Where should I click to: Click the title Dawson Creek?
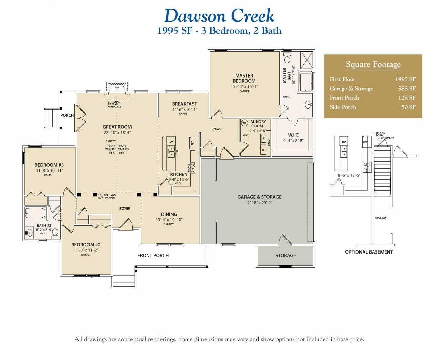click(x=219, y=16)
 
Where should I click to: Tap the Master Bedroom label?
click(x=244, y=78)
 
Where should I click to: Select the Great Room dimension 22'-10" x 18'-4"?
click(x=117, y=133)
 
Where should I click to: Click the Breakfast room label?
click(x=185, y=104)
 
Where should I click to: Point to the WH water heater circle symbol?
click(x=244, y=123)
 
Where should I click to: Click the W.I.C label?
click(x=293, y=135)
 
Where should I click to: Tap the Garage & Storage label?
click(x=259, y=197)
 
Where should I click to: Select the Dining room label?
click(x=169, y=214)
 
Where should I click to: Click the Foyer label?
click(x=125, y=208)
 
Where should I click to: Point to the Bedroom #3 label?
click(x=49, y=165)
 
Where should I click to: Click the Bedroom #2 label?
click(x=86, y=245)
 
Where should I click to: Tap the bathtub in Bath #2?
click(x=35, y=213)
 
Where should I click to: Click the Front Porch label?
click(x=153, y=255)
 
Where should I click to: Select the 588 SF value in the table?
click(x=407, y=89)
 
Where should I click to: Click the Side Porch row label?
click(x=343, y=107)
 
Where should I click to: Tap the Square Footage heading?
click(x=373, y=64)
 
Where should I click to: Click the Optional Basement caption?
click(x=369, y=252)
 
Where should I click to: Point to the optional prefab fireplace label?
click(x=114, y=104)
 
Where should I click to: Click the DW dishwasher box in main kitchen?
click(x=171, y=142)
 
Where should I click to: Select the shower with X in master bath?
click(x=306, y=60)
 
